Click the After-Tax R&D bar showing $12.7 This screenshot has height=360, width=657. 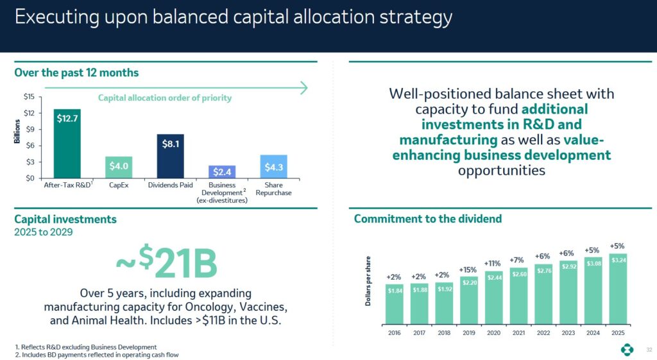pyautogui.click(x=67, y=144)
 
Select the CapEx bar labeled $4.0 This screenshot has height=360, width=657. pyautogui.click(x=118, y=167)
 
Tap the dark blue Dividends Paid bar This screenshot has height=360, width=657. pyautogui.click(x=170, y=156)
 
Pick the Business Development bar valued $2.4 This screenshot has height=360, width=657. pyautogui.click(x=221, y=171)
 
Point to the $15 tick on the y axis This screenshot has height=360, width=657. pyautogui.click(x=29, y=98)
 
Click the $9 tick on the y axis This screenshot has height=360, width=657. pyautogui.click(x=30, y=130)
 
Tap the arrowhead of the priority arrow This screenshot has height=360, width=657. pyautogui.click(x=305, y=87)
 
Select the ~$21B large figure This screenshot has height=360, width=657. pyautogui.click(x=167, y=262)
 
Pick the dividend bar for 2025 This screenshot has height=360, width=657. pyautogui.click(x=619, y=289)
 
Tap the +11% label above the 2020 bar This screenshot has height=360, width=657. pyautogui.click(x=493, y=263)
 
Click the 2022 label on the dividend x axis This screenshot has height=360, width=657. pyautogui.click(x=543, y=332)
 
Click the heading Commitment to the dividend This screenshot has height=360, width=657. pyautogui.click(x=427, y=219)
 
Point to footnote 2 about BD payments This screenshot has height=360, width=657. pyautogui.click(x=98, y=354)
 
